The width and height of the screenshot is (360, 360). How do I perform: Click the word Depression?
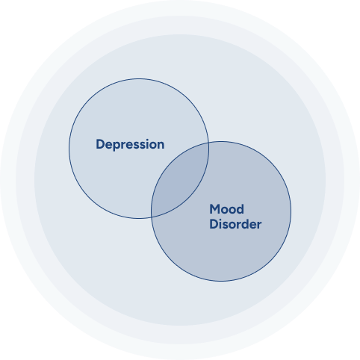tap(130, 145)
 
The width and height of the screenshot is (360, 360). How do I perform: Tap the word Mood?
tap(226, 209)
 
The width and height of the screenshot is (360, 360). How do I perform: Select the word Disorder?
tap(235, 224)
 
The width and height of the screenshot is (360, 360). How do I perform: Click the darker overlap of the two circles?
tap(180, 180)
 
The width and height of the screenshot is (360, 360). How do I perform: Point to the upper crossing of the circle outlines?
tap(208, 143)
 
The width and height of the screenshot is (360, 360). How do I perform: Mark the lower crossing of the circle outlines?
tap(152, 217)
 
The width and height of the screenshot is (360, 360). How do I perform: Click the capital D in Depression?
tap(100, 144)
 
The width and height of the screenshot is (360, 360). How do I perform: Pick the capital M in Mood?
tap(214, 209)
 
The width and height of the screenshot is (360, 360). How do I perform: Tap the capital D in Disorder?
tap(214, 224)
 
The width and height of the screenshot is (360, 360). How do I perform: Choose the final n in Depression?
tap(161, 146)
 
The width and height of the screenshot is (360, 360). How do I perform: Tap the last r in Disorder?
tap(259, 226)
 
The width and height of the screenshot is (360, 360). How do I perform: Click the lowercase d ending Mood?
tap(240, 209)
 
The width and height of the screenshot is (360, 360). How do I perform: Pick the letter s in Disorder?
tap(226, 226)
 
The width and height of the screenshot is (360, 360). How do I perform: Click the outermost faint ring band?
tap(180, 8)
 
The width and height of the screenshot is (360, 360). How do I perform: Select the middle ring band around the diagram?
tap(180, 25)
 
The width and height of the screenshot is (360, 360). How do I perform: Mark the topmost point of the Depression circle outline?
tap(139, 78)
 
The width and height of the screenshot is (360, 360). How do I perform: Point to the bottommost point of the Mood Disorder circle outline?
tap(221, 282)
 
